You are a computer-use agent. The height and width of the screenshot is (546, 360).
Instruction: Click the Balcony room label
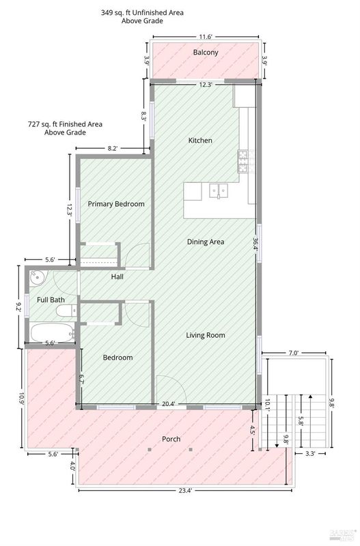[206, 53]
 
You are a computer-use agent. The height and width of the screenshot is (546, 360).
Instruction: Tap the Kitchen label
[200, 141]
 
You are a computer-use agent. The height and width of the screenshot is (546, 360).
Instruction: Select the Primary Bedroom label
[116, 203]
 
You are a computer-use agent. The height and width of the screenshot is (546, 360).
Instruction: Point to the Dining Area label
[206, 242]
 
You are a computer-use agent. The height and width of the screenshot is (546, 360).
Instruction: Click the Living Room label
[206, 335]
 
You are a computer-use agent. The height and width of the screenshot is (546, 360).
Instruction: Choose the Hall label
[117, 277]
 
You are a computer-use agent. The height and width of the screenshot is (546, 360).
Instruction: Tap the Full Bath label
[51, 300]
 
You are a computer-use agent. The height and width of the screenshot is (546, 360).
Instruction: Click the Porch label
[171, 439]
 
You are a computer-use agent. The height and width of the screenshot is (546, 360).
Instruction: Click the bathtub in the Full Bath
[53, 333]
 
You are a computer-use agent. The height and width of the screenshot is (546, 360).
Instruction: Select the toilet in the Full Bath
[66, 310]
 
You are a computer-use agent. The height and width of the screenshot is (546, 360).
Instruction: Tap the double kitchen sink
[219, 191]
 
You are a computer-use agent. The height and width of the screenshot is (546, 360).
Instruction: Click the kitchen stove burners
[243, 161]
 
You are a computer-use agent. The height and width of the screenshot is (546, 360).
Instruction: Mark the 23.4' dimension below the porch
[185, 490]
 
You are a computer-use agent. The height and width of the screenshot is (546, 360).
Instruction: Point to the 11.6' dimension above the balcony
[206, 37]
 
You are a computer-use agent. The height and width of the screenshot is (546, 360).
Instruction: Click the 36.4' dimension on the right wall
[255, 244]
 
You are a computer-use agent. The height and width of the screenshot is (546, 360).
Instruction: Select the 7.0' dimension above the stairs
[294, 353]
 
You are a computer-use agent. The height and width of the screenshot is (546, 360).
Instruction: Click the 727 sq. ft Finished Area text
[65, 128]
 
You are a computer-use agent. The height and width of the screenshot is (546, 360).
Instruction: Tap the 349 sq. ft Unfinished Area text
[142, 16]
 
